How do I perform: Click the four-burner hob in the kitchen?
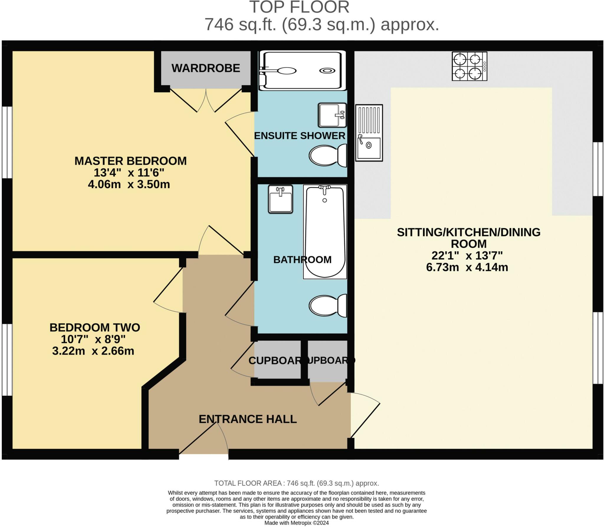(x=469, y=66)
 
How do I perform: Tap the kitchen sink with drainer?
(x=369, y=133)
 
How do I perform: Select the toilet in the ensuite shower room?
(x=328, y=156)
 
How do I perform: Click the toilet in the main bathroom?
(x=328, y=305)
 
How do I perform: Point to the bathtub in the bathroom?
(x=325, y=232)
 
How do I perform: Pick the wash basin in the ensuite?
(x=332, y=115)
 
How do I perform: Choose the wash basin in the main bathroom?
(x=280, y=199)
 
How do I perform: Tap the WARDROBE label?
(x=206, y=68)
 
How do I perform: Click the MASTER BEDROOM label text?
(x=130, y=161)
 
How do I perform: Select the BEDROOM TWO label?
(x=95, y=328)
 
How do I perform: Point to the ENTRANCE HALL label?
(x=247, y=419)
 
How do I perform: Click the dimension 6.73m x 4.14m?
(x=467, y=267)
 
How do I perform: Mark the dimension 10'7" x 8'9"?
(x=93, y=339)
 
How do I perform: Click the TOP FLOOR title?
(x=299, y=7)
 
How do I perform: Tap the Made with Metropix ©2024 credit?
(x=296, y=523)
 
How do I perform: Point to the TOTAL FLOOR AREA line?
(x=296, y=483)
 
